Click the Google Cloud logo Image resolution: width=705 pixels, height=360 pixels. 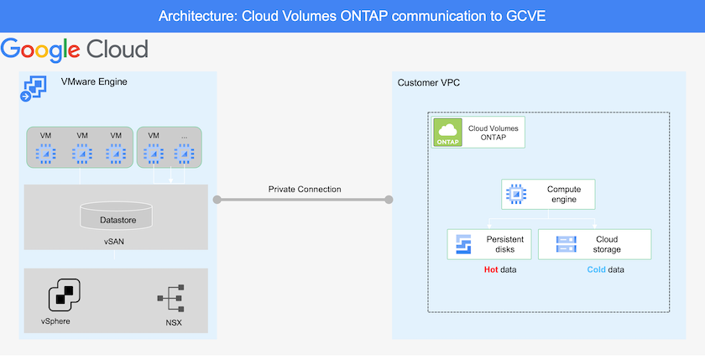coord(75,49)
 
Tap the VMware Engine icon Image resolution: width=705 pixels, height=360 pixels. coord(33,89)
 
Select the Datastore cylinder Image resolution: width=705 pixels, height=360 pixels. coord(117,217)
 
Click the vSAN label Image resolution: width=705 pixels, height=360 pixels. coord(116,240)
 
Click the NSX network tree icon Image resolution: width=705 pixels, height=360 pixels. coord(170,299)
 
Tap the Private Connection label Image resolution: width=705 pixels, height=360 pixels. coord(305,189)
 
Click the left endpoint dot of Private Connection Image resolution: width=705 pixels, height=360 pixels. coord(217,200)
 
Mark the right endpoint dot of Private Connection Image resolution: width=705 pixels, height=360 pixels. coord(389,200)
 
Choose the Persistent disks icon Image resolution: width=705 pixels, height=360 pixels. coord(463,244)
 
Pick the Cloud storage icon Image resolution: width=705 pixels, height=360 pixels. coord(566,244)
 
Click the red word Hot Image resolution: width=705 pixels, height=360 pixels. coord(491,270)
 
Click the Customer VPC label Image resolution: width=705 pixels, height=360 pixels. coord(428,81)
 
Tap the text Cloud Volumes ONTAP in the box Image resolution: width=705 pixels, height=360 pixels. coord(493,133)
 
